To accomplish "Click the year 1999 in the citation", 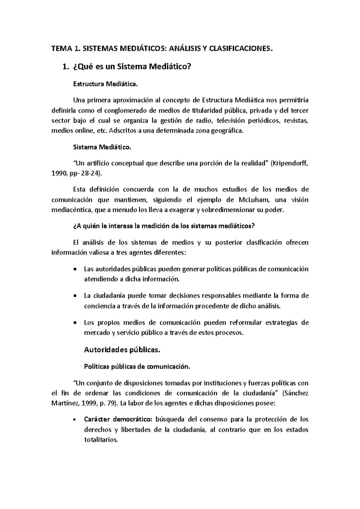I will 89,403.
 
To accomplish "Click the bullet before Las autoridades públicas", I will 75,269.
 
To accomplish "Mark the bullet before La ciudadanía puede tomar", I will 75,296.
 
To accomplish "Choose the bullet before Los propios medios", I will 75,323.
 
